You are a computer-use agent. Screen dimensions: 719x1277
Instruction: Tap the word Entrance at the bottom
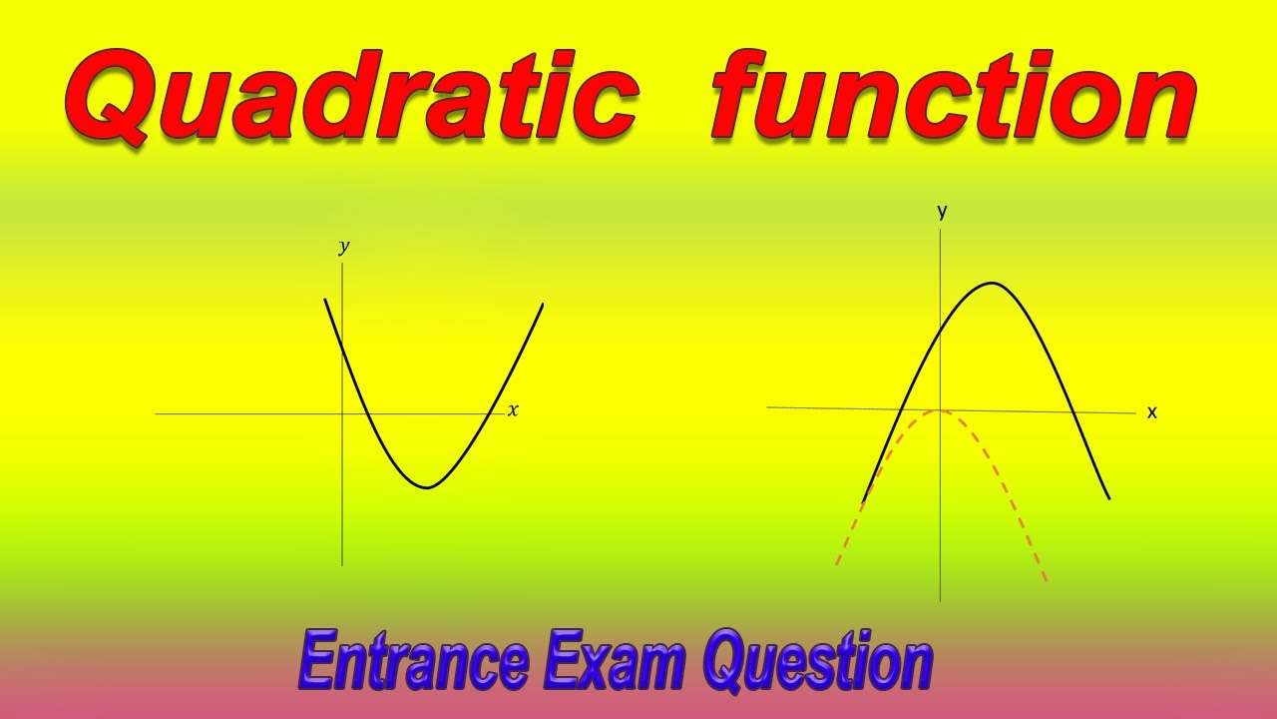pos(413,660)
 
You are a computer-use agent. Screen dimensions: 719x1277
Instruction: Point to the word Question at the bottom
pos(817,660)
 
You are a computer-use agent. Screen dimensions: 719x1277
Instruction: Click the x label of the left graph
pos(513,410)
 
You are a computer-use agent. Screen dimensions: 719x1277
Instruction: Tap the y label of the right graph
pos(942,212)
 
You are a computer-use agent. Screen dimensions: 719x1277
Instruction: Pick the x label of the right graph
pos(1152,412)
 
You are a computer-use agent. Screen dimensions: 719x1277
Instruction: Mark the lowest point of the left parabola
pos(427,487)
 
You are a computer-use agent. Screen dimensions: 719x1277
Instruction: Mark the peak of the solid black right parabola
pos(992,283)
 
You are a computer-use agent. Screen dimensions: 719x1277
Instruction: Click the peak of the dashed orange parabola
pos(940,410)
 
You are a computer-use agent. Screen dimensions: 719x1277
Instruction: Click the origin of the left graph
pos(342,413)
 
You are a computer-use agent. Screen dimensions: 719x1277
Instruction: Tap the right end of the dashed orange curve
pos(1046,581)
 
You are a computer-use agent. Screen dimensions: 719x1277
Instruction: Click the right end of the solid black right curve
pos(1108,498)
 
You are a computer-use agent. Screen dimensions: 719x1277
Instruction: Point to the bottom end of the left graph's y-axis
pos(342,565)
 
